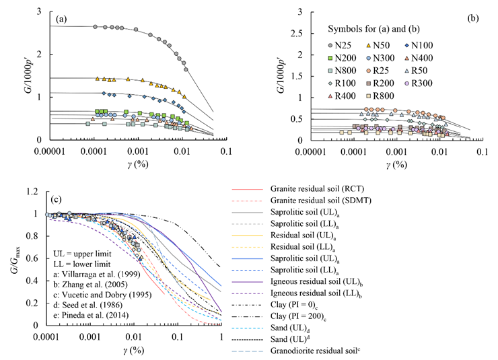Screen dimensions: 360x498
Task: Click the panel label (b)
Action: (x=474, y=19)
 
